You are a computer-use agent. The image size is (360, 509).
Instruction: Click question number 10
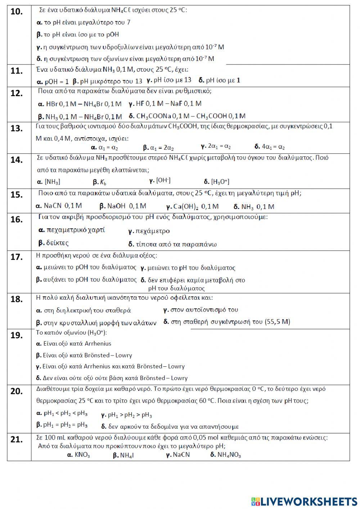click(x=17, y=12)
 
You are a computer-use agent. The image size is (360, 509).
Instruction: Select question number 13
click(x=17, y=129)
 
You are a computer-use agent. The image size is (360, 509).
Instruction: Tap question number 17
click(x=17, y=257)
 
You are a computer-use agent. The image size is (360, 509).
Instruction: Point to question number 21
click(x=17, y=439)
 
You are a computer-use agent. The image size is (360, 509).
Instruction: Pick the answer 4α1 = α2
click(x=270, y=147)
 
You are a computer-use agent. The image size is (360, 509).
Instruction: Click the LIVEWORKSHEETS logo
click(x=304, y=501)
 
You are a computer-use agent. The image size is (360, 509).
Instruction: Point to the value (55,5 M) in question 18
click(x=277, y=322)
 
